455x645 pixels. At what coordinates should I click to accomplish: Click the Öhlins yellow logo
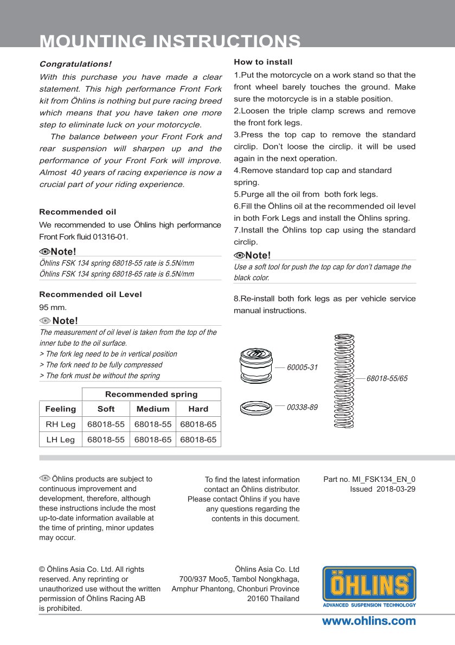pyautogui.click(x=369, y=586)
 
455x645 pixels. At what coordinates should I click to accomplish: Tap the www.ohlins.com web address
pyautogui.click(x=369, y=621)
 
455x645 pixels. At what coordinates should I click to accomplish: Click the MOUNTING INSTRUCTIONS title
pyautogui.click(x=170, y=41)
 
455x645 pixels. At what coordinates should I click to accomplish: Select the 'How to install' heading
pyautogui.click(x=263, y=62)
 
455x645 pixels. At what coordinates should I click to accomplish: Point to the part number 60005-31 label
pyautogui.click(x=302, y=367)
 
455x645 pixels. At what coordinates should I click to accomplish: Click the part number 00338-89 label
pyautogui.click(x=302, y=407)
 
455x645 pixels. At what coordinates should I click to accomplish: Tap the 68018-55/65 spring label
pyautogui.click(x=387, y=378)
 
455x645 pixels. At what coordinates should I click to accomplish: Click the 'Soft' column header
pyautogui.click(x=106, y=409)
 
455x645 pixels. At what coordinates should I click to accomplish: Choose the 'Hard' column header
pyautogui.click(x=198, y=409)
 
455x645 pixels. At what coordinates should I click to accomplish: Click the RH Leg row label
pyautogui.click(x=60, y=424)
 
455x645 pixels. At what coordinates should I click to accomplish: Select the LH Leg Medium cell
pyautogui.click(x=152, y=440)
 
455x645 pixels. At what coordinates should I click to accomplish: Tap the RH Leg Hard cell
pyautogui.click(x=198, y=424)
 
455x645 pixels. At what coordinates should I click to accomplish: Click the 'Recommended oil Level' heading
pyautogui.click(x=91, y=294)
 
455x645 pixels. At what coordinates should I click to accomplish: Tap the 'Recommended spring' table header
pyautogui.click(x=151, y=394)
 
